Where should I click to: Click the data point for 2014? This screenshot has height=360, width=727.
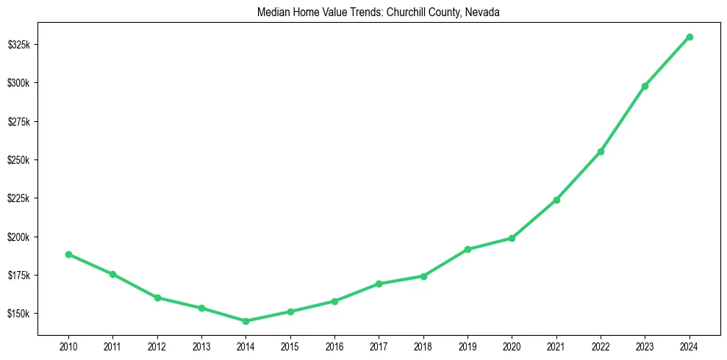[x=246, y=321]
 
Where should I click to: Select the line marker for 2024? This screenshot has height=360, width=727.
[x=690, y=37]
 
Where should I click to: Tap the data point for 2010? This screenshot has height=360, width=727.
[x=68, y=254]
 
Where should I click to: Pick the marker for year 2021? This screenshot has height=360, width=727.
[x=556, y=200]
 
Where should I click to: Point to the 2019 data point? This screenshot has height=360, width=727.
[x=468, y=249]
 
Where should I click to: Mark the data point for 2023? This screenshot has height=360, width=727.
[x=645, y=86]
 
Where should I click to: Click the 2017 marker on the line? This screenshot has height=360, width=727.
[x=379, y=284]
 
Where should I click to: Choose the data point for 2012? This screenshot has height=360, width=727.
[x=157, y=298]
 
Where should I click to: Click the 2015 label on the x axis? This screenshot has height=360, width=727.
[x=290, y=345]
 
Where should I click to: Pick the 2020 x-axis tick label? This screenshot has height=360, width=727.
[x=512, y=345]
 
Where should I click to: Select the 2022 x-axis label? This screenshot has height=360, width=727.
[x=601, y=345]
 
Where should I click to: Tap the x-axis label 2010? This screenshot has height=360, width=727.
[x=68, y=345]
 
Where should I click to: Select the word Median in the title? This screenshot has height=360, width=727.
[x=273, y=12]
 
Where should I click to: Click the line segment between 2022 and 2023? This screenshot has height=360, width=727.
[x=623, y=119]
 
